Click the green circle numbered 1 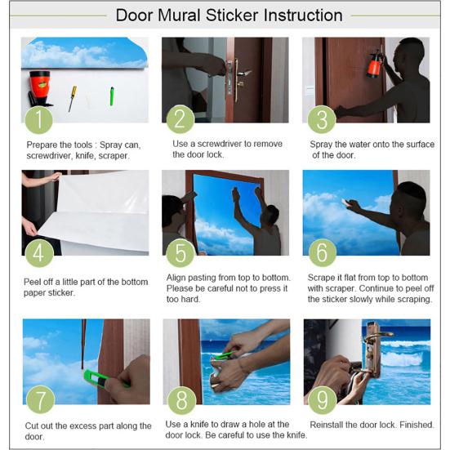(38, 120)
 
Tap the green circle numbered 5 (180, 252)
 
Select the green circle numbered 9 (323, 400)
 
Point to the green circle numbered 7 (41, 399)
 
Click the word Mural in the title (179, 16)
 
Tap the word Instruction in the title (303, 16)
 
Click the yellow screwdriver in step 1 (73, 99)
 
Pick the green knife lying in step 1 (112, 96)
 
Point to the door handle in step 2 (242, 74)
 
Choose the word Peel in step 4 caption (32, 282)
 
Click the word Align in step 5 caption (176, 278)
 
